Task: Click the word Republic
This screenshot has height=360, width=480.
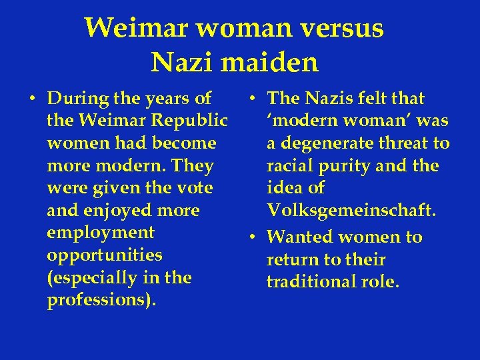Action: point(197,121)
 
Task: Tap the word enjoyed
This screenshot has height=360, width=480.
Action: point(117,211)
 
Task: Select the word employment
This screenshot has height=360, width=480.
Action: point(101,233)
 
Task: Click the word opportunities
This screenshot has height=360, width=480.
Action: point(105,255)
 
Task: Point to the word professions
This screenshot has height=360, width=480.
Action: point(101,300)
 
